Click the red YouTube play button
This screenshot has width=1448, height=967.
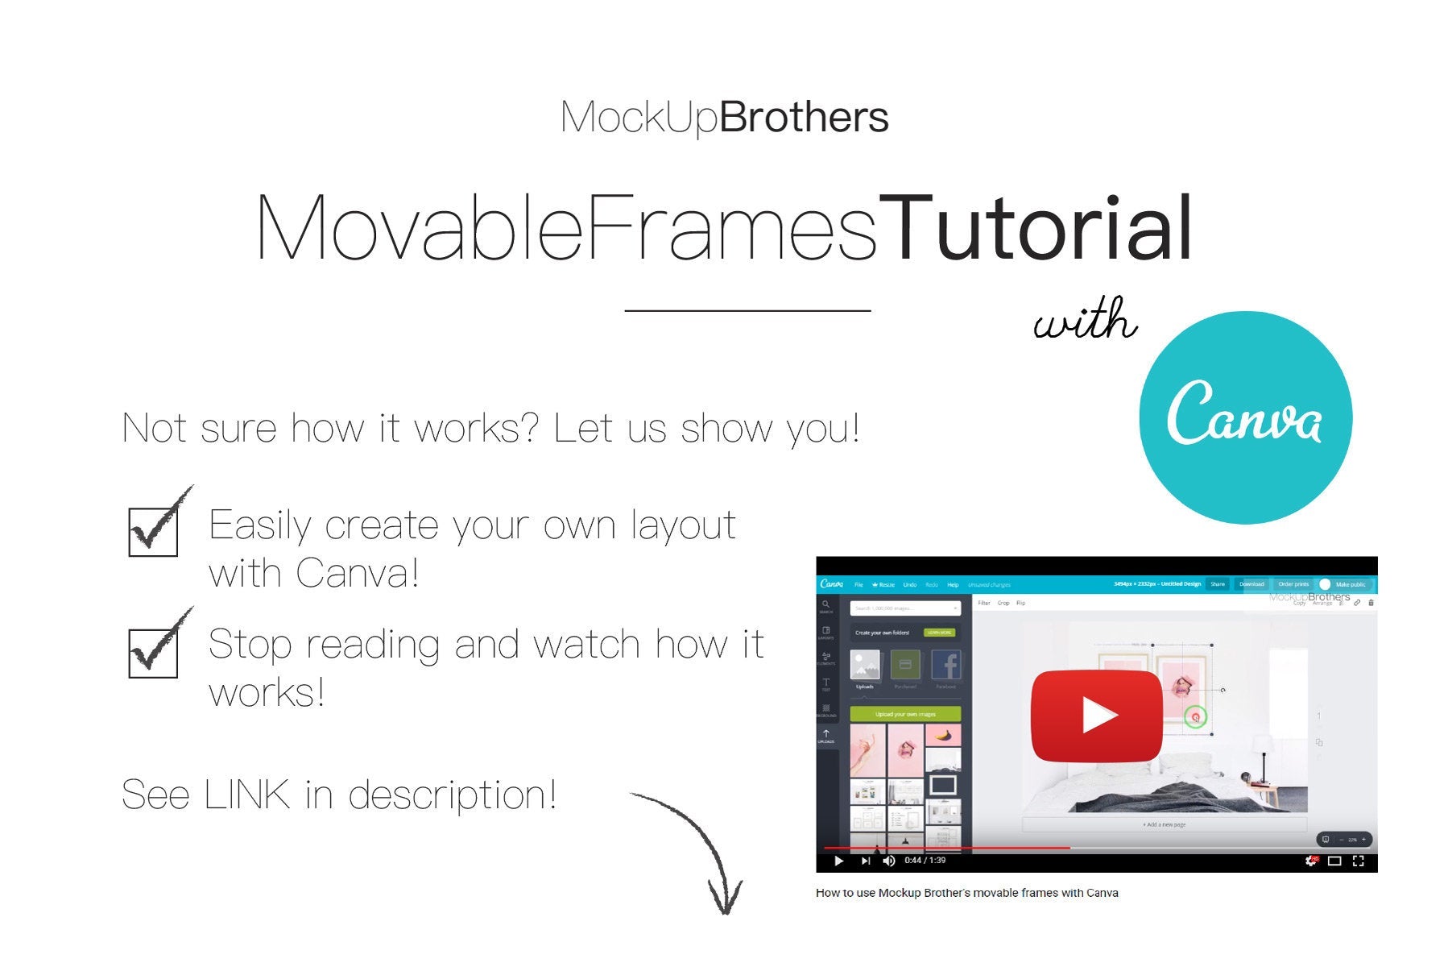tap(1096, 716)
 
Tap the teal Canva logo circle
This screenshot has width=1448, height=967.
tap(1245, 417)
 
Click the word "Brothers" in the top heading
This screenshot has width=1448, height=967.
tap(804, 118)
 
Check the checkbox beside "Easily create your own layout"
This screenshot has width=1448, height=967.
tap(153, 531)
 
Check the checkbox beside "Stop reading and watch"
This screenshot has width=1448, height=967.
tap(153, 653)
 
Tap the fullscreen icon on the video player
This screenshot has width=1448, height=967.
tap(1358, 861)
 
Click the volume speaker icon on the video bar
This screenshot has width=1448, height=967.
tap(888, 861)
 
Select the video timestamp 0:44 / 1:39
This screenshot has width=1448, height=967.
tap(925, 861)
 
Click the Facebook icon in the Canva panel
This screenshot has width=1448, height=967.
tap(945, 666)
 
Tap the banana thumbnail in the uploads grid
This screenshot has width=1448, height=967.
tap(943, 735)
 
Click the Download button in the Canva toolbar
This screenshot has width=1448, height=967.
tap(1251, 584)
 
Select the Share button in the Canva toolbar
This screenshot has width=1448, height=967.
tap(1217, 584)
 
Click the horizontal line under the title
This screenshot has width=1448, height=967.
tap(747, 310)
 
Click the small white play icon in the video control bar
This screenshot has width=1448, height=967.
tap(838, 861)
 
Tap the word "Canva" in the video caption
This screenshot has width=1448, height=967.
tap(1102, 893)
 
